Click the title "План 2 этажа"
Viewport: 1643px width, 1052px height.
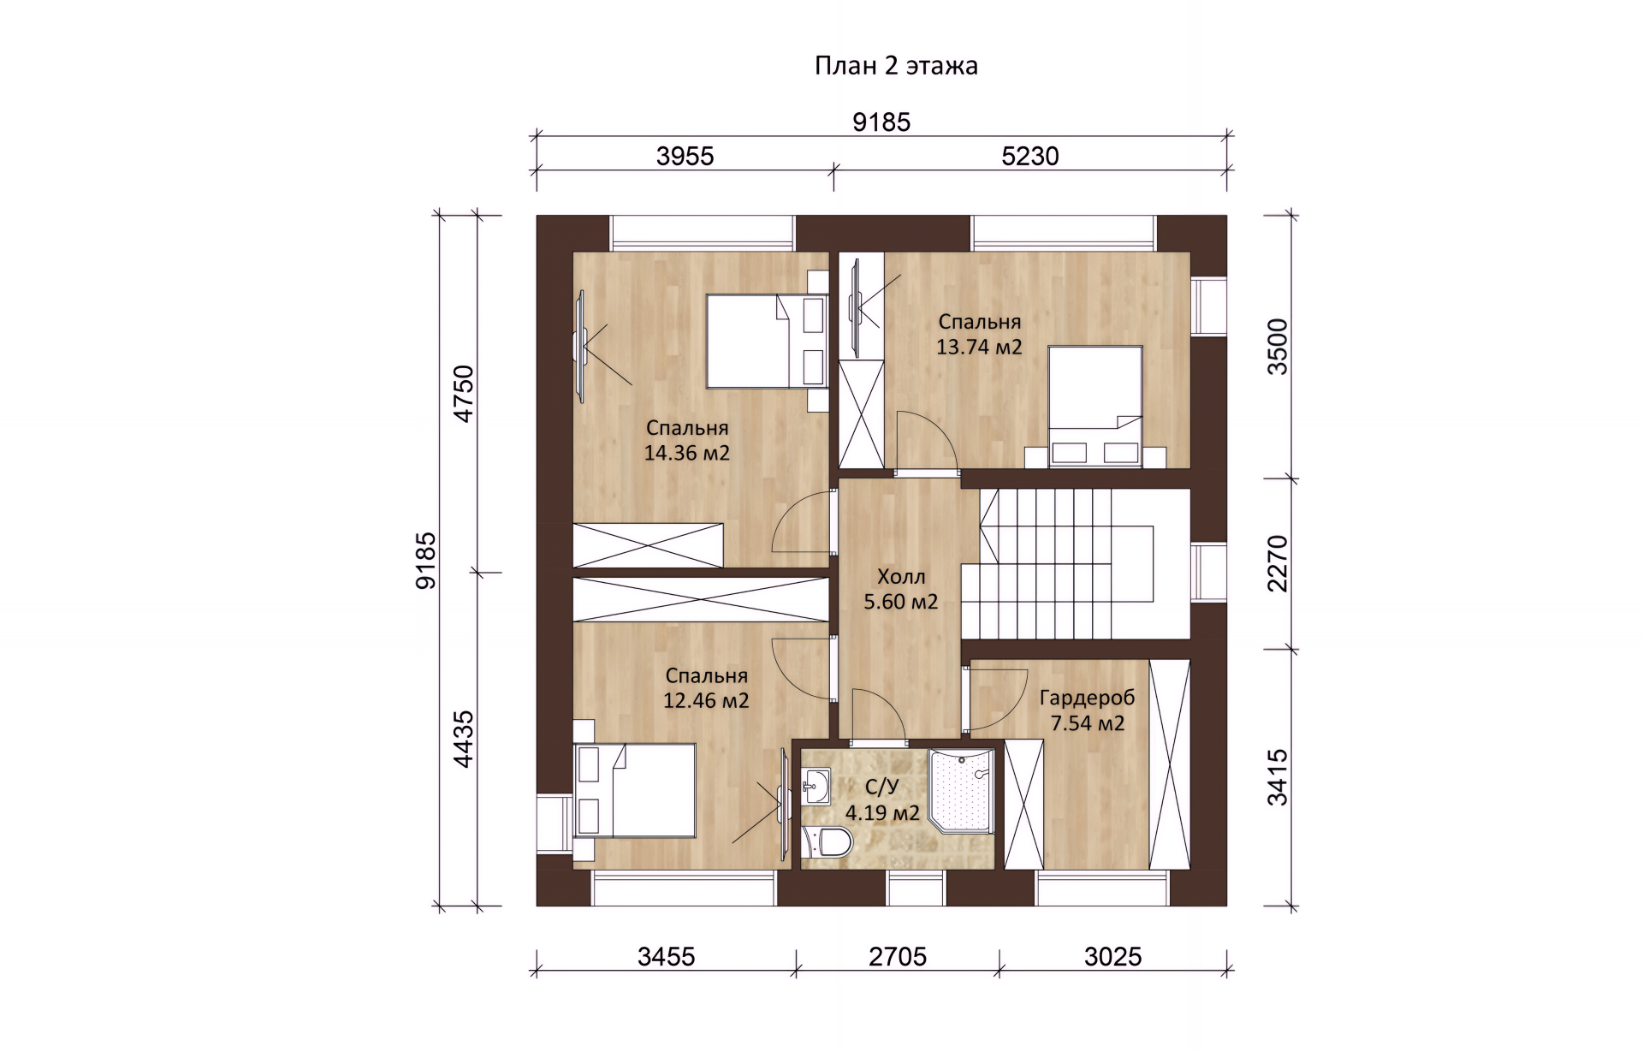(x=896, y=66)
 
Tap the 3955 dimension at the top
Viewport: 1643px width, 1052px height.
(x=685, y=156)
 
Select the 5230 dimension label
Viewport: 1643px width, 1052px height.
(x=1030, y=156)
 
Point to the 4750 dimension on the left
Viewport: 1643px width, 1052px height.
(x=463, y=393)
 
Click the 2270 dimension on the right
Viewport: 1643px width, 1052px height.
(x=1277, y=563)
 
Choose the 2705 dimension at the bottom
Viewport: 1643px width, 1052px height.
(x=898, y=956)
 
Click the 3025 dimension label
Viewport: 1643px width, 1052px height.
(x=1112, y=956)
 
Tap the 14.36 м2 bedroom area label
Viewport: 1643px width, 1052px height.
(x=687, y=453)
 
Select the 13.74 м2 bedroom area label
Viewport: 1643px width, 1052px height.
(x=979, y=347)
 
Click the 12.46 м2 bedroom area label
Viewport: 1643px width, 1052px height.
(x=706, y=700)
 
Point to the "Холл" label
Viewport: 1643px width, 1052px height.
(x=901, y=576)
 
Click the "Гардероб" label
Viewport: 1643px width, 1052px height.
(x=1087, y=698)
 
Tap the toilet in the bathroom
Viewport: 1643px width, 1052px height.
(x=828, y=842)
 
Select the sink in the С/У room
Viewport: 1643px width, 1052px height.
(x=816, y=786)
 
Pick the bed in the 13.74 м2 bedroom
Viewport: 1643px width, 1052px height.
(x=1096, y=407)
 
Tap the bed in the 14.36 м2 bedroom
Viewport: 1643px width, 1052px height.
(x=767, y=342)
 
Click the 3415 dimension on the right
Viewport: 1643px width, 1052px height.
(x=1277, y=777)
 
